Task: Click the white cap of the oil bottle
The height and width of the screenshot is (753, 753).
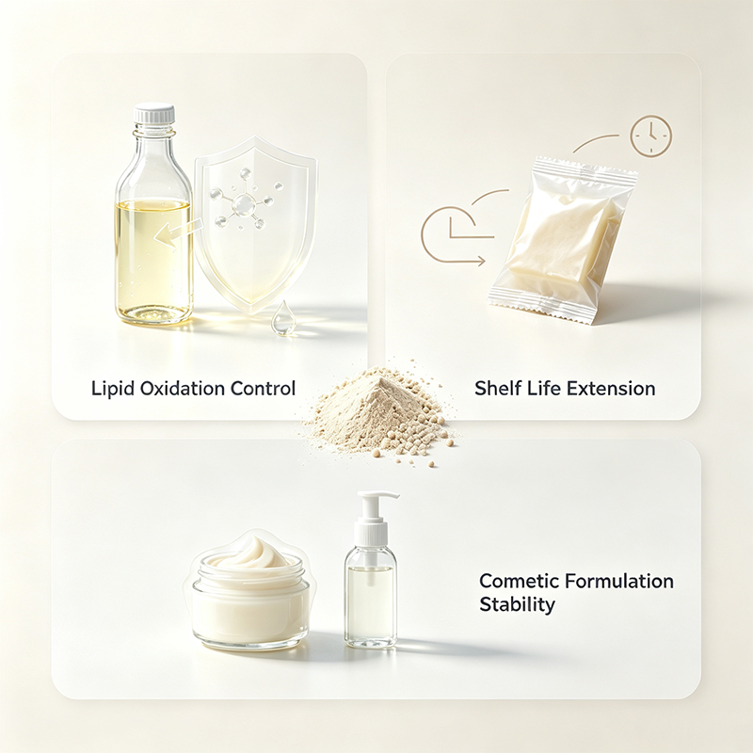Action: (x=154, y=113)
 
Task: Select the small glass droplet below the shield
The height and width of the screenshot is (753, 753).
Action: (x=280, y=318)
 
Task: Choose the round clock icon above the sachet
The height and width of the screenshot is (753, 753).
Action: (x=650, y=136)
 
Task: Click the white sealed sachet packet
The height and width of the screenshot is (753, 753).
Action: (x=562, y=240)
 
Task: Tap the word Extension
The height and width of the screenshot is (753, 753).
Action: (x=610, y=388)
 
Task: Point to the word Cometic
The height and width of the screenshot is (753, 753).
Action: (x=519, y=581)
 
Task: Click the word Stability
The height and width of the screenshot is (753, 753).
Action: (x=517, y=604)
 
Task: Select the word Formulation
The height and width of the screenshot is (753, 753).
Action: (x=619, y=581)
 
